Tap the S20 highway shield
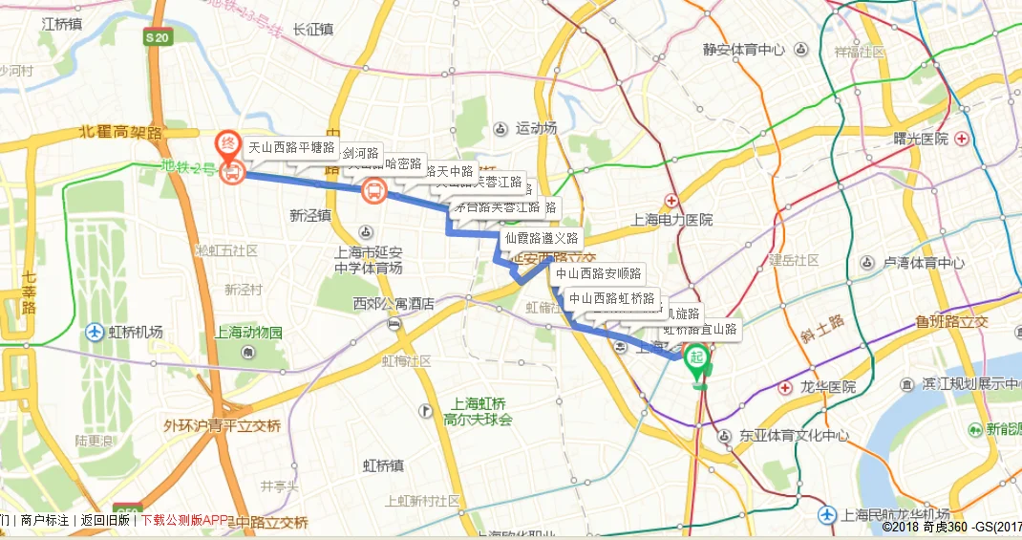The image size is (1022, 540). click(158, 37)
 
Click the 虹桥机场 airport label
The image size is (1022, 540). click(135, 333)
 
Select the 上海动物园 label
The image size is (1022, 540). click(248, 334)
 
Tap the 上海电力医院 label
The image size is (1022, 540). click(672, 219)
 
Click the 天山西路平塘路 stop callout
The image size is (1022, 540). click(291, 148)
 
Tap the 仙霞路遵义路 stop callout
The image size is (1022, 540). click(541, 238)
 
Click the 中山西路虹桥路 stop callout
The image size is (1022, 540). click(612, 298)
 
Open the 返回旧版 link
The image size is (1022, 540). click(105, 521)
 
